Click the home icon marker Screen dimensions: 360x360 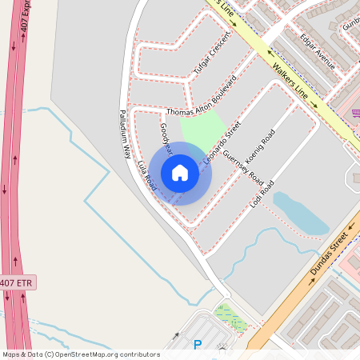[180, 173]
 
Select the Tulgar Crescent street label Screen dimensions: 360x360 [212, 54]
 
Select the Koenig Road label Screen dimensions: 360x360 [262, 146]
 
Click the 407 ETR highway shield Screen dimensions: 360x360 [18, 283]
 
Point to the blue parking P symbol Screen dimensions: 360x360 [198, 345]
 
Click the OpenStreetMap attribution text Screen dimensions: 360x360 [80, 354]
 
